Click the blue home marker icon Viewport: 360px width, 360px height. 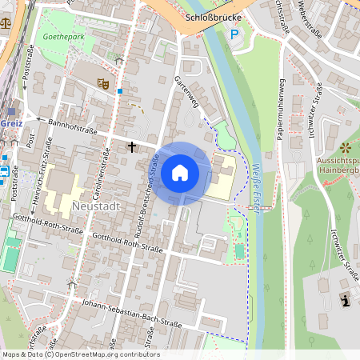tap(180, 173)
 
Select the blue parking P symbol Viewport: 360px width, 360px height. tap(234, 34)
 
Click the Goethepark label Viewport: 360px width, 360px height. tap(63, 37)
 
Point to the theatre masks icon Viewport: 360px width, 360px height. tap(102, 82)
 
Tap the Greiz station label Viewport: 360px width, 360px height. tap(13, 124)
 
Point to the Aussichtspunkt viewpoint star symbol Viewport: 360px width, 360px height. tap(345, 147)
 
